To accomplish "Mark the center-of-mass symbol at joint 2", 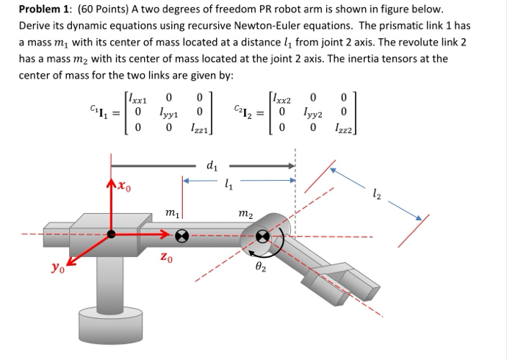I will (x=263, y=237).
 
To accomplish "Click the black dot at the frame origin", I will (x=112, y=235).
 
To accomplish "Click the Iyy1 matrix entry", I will (x=168, y=114).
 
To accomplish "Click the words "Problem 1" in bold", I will (x=45, y=10).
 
